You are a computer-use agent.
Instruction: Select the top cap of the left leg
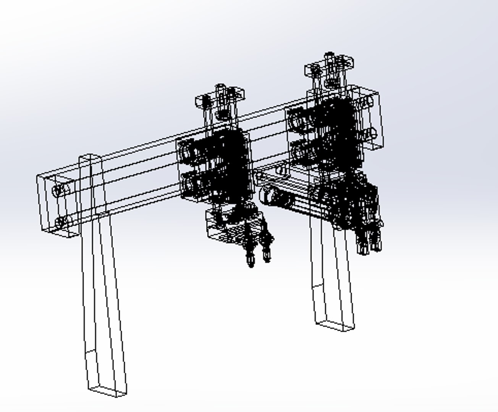[x=91, y=157]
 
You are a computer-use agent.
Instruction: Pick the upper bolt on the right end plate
[x=369, y=101]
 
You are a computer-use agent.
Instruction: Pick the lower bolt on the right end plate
[x=372, y=134]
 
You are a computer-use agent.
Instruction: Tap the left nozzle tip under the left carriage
[x=251, y=261]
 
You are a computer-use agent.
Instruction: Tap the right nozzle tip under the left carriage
[x=267, y=256]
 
